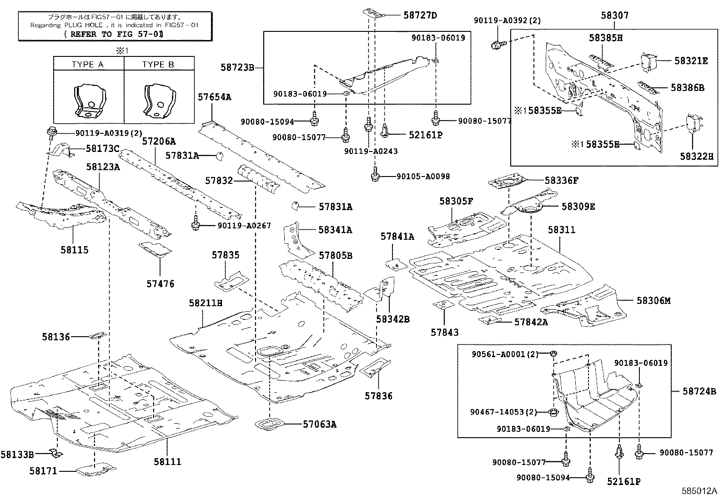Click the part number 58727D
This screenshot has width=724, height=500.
420,15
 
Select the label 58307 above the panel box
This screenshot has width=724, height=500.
614,16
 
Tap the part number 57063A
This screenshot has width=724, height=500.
320,424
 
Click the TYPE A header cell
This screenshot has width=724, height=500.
88,64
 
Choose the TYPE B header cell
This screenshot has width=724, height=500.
158,64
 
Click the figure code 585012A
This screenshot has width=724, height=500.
699,491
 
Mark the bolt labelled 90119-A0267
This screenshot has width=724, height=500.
196,223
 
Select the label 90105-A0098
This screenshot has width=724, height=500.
422,177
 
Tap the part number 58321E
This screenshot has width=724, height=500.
691,61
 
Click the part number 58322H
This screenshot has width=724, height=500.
696,157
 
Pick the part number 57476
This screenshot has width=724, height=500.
160,284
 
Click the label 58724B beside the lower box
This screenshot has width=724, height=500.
699,391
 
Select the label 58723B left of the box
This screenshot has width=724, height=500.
237,67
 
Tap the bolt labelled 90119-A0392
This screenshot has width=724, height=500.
496,45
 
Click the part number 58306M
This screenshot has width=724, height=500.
654,301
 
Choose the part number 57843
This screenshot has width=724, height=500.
444,333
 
